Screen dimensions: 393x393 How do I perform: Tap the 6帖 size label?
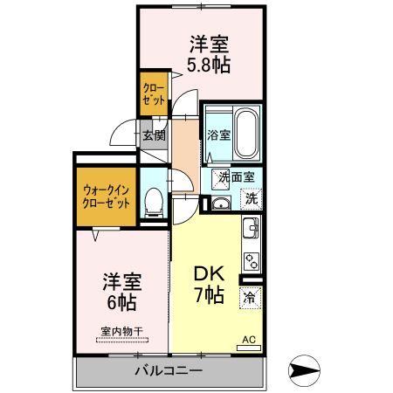tap(121, 302)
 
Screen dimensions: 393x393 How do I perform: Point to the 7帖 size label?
tap(208, 295)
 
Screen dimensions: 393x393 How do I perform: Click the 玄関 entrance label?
tap(153, 135)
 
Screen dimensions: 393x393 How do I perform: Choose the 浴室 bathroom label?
tap(218, 135)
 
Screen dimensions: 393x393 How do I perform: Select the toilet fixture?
tap(153, 202)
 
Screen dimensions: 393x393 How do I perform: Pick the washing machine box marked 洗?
tap(251, 197)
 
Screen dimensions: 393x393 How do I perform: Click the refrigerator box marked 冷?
tap(250, 297)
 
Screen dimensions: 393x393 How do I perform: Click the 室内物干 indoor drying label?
tap(121, 331)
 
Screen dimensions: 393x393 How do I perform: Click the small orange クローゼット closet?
tap(155, 94)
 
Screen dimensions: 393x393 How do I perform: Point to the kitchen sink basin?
tap(252, 231)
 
